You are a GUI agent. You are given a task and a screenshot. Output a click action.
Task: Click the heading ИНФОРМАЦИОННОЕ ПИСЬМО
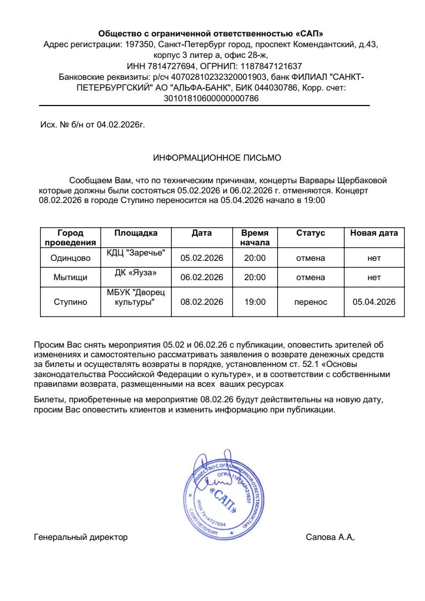pyautogui.click(x=217, y=158)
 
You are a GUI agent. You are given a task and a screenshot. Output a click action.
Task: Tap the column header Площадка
pyautogui.click(x=136, y=233)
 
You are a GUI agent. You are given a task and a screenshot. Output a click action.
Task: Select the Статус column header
pyautogui.click(x=310, y=233)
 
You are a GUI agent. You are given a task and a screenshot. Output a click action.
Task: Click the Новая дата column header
pyautogui.click(x=374, y=233)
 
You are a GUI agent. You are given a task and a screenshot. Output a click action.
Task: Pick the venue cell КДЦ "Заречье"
pyautogui.click(x=136, y=253)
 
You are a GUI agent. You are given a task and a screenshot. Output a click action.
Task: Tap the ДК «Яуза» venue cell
pyautogui.click(x=136, y=273)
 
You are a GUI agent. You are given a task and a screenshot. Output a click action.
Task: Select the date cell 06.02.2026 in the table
pyautogui.click(x=201, y=277)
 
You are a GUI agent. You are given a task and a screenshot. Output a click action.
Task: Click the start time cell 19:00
pyautogui.click(x=255, y=302)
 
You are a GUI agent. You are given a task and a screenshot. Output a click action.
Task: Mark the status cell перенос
pyautogui.click(x=310, y=302)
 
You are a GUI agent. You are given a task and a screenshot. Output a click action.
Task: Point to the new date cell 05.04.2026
pyautogui.click(x=374, y=302)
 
